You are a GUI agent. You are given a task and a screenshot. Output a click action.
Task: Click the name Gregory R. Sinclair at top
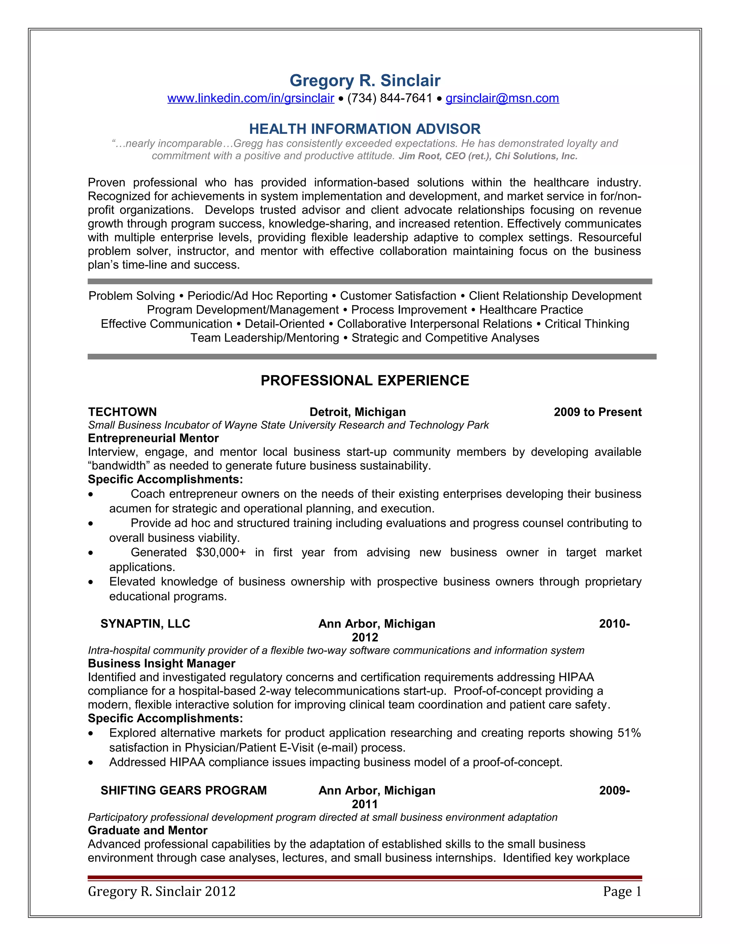(x=365, y=81)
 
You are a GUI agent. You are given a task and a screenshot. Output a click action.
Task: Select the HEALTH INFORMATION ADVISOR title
(x=365, y=129)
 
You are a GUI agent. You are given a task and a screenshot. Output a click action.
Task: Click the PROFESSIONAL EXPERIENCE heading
(x=365, y=380)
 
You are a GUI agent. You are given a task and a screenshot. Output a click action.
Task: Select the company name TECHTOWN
(x=122, y=412)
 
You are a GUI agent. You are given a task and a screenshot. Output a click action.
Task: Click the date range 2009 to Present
(x=597, y=412)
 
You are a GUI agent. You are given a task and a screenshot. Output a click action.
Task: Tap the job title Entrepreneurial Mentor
(x=153, y=438)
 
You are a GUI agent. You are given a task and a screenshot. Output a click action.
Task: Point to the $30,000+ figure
(x=221, y=553)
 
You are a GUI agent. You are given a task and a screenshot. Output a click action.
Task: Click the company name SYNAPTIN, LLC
(x=145, y=624)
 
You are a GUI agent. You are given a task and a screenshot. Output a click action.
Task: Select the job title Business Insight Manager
(x=161, y=664)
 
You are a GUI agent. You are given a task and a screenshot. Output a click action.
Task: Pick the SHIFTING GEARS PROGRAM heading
(x=184, y=790)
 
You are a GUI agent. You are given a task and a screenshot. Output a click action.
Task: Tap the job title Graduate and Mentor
(x=148, y=830)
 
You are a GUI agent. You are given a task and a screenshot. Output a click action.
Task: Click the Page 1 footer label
(x=622, y=891)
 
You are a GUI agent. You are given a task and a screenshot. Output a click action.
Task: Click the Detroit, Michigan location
(x=358, y=412)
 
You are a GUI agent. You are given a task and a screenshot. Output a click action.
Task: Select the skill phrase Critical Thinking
(x=586, y=324)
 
